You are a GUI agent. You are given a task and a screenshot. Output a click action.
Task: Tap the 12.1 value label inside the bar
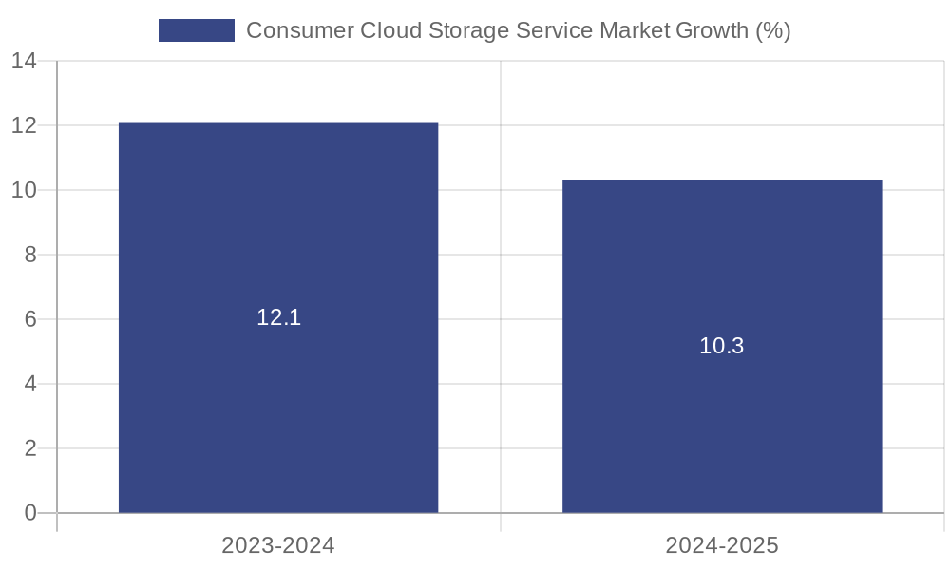coord(278,317)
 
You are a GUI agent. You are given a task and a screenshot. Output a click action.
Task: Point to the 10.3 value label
coord(722,346)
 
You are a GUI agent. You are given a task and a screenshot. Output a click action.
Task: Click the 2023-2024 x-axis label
coord(278,545)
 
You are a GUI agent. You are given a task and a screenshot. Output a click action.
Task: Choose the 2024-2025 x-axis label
coord(722,545)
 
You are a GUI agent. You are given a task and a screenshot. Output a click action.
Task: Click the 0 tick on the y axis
coord(29,513)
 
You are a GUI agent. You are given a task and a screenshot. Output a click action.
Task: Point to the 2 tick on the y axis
coord(29,448)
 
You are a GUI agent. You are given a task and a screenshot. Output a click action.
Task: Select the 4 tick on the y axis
coord(29,384)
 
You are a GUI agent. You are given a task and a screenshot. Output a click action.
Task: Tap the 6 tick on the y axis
coord(29,319)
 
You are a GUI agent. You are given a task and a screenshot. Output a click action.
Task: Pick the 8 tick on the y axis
coord(29,255)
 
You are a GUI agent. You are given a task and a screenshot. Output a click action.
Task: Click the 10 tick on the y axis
coord(24,190)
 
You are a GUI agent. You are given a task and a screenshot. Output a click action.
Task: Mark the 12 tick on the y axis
coord(24,125)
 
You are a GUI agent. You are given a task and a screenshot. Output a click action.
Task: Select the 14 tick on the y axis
coord(24,61)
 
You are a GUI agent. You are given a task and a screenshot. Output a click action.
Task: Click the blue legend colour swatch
coord(197,30)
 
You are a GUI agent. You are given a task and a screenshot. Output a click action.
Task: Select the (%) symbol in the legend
coord(773,30)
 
